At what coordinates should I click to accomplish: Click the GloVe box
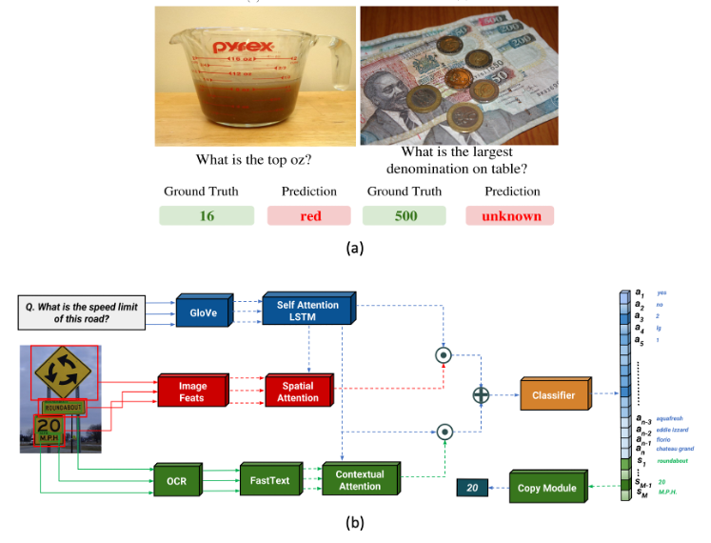(x=203, y=311)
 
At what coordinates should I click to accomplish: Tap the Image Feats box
(x=193, y=392)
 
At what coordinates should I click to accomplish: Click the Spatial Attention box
(x=298, y=392)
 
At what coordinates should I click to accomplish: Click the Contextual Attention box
(x=359, y=480)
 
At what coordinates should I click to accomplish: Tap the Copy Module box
(x=546, y=488)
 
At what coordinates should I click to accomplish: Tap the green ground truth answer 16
(x=207, y=215)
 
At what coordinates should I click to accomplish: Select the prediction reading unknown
(x=511, y=215)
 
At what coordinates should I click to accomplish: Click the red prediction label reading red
(x=310, y=215)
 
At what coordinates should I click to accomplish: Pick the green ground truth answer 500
(x=406, y=215)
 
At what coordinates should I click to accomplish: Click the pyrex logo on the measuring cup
(x=244, y=47)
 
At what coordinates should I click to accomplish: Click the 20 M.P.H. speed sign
(x=49, y=430)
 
